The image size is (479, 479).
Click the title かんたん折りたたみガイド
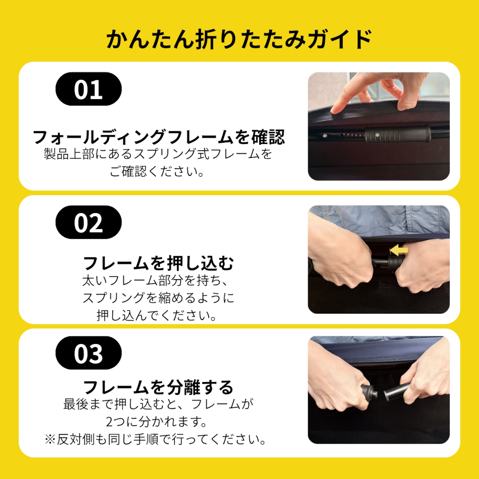click(239, 39)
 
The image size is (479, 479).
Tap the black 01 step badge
click(88, 89)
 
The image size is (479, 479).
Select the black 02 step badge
click(88, 222)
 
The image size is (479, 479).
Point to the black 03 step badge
click(88, 353)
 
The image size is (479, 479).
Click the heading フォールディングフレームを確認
click(159, 137)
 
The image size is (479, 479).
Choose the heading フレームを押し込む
click(159, 263)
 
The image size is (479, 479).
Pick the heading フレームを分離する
click(159, 387)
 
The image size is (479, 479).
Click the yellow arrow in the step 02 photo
click(398, 250)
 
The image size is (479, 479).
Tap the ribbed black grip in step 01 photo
click(397, 134)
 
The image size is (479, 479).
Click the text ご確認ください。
click(157, 171)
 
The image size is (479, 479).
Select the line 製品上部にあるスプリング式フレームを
click(158, 154)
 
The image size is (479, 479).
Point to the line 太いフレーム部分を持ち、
click(156, 280)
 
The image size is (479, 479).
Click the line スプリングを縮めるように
click(158, 298)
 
